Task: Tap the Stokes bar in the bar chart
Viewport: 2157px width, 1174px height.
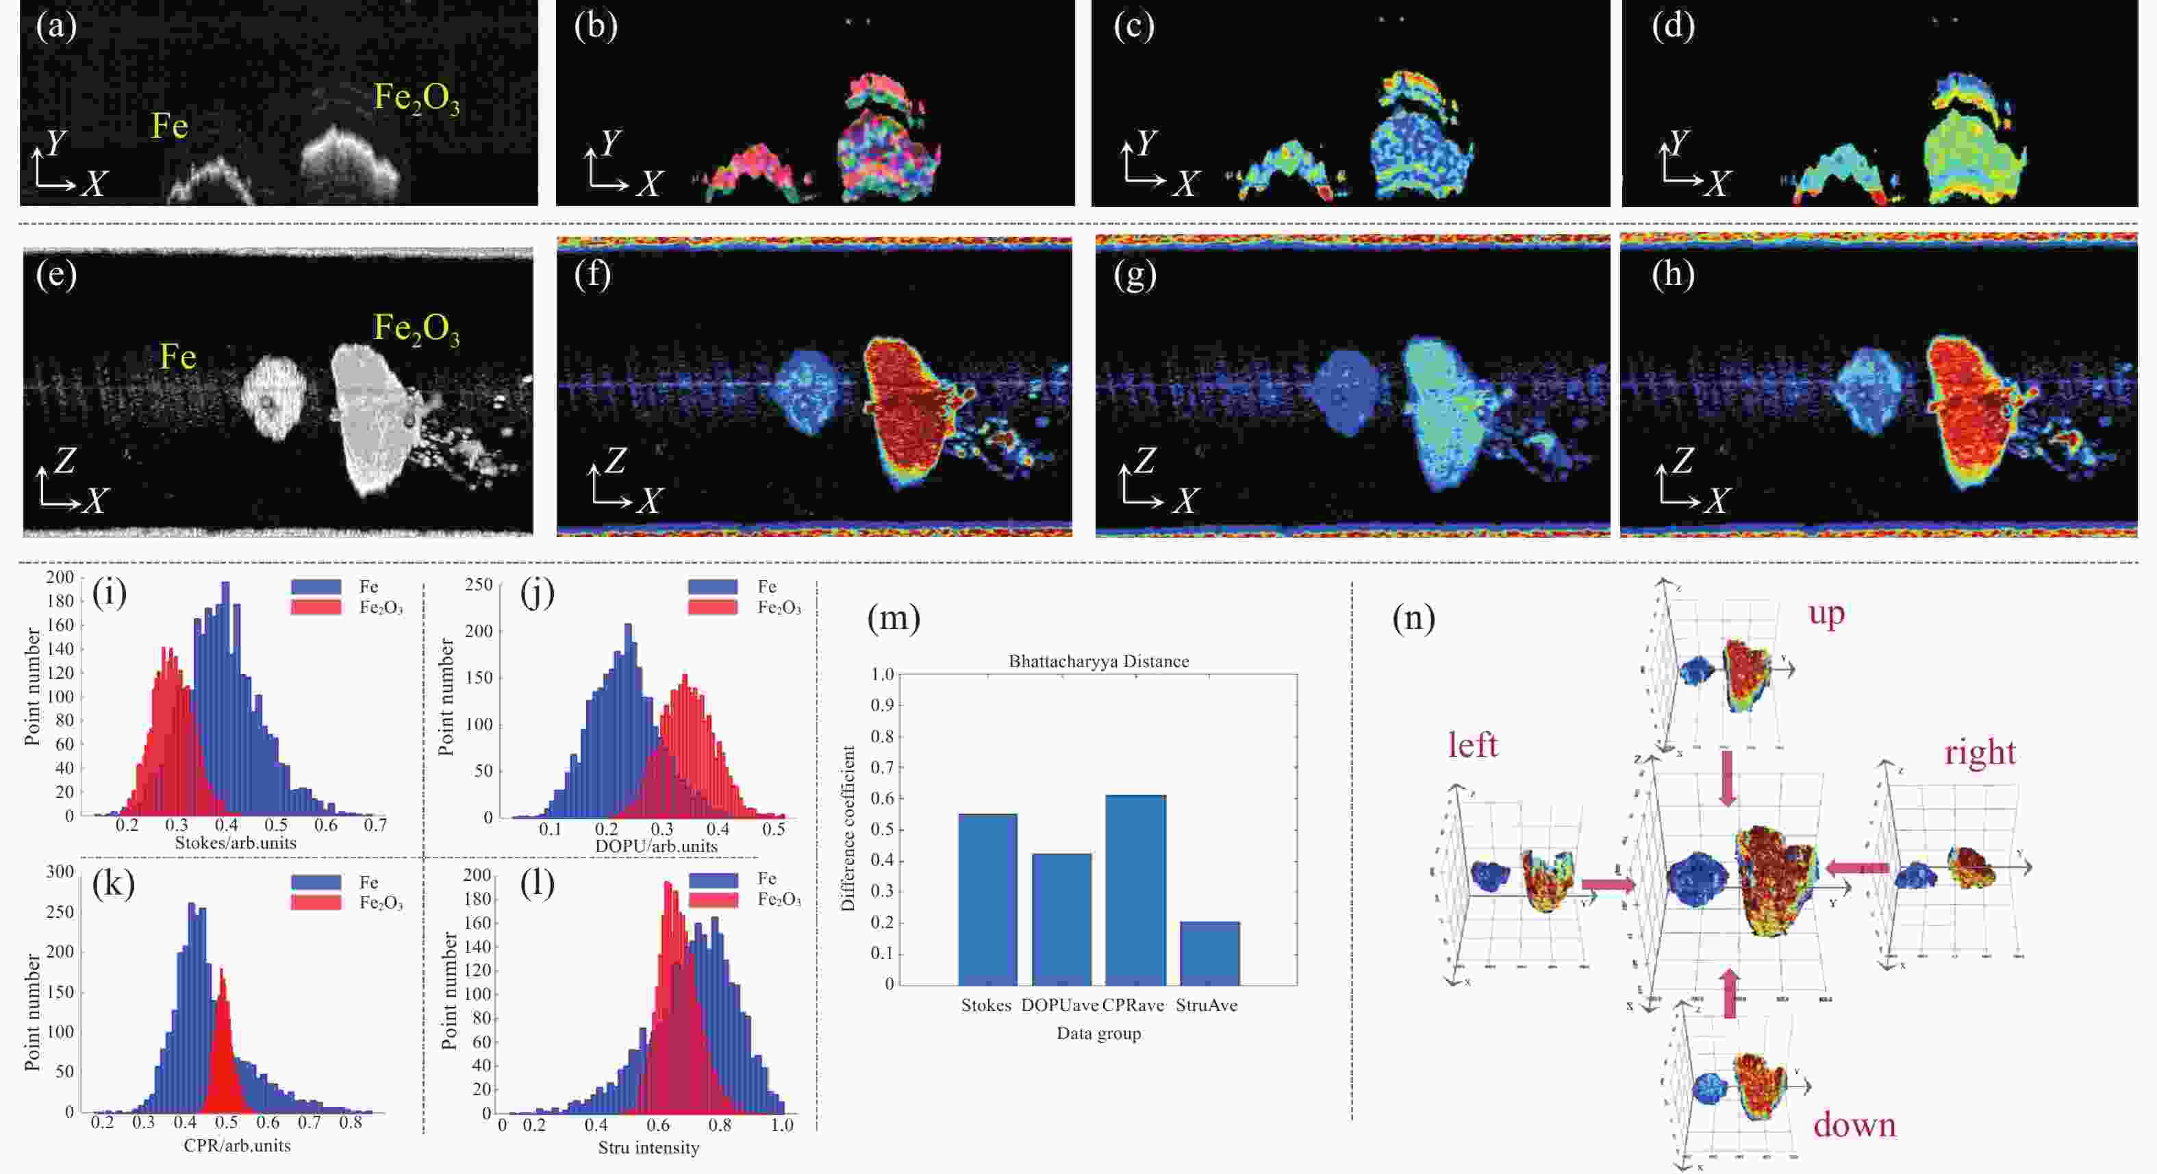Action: [x=987, y=899]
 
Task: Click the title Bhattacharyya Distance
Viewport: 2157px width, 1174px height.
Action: [x=1098, y=662]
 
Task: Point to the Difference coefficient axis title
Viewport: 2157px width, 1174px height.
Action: [x=848, y=828]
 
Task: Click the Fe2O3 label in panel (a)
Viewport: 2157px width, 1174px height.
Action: [x=416, y=98]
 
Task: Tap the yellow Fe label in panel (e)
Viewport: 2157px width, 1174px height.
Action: [x=177, y=357]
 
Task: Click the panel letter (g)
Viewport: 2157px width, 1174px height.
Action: [x=1135, y=275]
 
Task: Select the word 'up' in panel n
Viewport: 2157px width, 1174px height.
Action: [x=1826, y=613]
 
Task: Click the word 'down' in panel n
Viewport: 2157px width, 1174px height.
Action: [x=1854, y=1125]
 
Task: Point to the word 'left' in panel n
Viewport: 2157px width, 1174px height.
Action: [x=1473, y=745]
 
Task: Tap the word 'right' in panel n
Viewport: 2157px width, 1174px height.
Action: [x=1980, y=752]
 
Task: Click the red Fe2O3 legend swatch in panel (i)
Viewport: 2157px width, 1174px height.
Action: [x=316, y=607]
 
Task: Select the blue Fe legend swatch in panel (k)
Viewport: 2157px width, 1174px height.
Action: [x=316, y=882]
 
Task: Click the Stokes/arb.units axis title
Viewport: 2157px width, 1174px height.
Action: [x=236, y=842]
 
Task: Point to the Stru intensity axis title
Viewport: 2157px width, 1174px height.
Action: [x=649, y=1148]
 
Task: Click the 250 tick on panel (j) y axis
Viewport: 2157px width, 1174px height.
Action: [x=479, y=584]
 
